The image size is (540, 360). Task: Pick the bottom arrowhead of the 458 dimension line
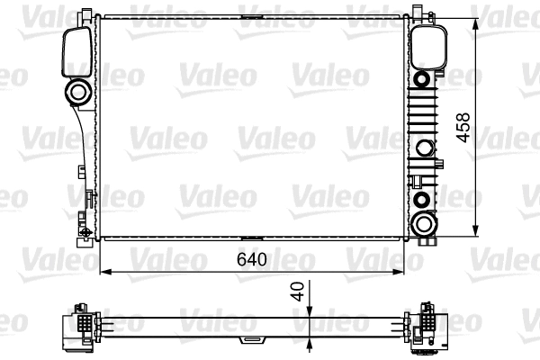(475, 233)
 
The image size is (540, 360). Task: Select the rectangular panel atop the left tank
(76, 52)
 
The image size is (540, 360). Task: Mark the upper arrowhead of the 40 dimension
(310, 311)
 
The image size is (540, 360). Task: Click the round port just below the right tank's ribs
(422, 148)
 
